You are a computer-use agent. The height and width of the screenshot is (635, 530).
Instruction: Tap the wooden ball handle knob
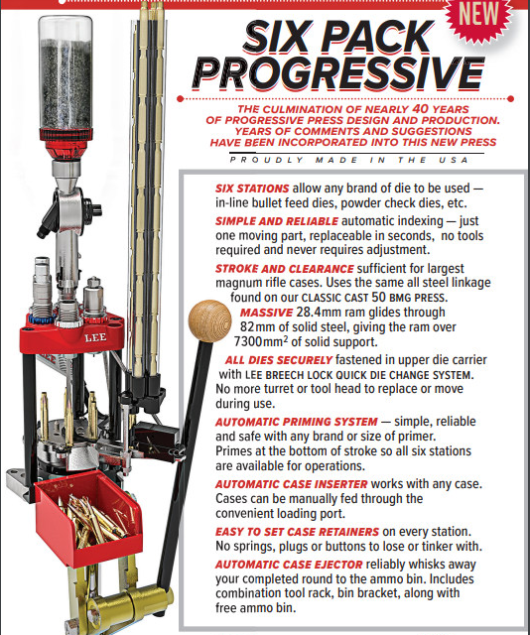tap(209, 320)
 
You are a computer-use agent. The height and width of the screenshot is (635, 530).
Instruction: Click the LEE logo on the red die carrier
tap(95, 337)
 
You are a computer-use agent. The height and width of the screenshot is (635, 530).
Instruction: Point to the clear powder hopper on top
tap(66, 72)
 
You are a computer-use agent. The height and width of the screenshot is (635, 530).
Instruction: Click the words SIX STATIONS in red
tap(252, 189)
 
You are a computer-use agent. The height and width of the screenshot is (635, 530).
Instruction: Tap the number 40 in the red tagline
tap(420, 109)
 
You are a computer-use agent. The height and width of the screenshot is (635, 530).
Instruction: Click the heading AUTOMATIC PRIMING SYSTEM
tap(296, 422)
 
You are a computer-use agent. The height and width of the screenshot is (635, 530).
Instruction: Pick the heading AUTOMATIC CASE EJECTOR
tap(289, 565)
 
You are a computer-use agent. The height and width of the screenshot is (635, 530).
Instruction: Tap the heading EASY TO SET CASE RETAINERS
tap(297, 532)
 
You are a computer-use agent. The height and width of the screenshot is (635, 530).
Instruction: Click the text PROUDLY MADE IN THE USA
tap(349, 160)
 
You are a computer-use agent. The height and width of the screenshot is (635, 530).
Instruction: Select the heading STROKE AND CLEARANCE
tap(285, 269)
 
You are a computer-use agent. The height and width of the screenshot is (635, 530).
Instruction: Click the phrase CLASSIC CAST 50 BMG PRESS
tap(374, 298)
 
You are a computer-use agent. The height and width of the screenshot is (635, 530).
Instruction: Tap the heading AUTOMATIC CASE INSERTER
tap(292, 484)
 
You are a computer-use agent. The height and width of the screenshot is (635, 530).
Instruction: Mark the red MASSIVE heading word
tap(266, 313)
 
